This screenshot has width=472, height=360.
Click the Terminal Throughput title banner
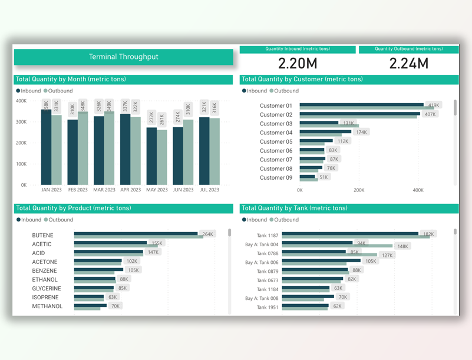tap(124, 57)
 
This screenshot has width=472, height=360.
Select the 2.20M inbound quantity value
tap(297, 64)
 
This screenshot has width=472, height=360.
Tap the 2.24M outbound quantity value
tap(408, 64)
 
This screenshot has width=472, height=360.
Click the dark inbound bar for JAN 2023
tap(46, 147)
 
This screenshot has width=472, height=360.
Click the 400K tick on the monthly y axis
tap(21, 101)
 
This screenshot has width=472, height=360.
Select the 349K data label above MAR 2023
tap(109, 105)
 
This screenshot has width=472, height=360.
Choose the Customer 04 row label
tap(276, 133)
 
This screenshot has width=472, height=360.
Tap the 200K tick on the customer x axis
tap(358, 190)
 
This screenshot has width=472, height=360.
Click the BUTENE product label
tap(42, 235)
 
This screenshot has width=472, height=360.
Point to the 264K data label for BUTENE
tap(208, 235)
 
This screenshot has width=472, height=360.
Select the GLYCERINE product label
tap(46, 289)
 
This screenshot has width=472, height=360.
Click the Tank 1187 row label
tap(268, 236)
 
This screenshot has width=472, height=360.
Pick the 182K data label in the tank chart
tap(428, 235)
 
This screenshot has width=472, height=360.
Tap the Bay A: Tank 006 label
tap(262, 262)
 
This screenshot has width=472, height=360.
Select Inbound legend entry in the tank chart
tap(256, 220)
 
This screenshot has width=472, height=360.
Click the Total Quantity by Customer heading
tap(302, 79)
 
